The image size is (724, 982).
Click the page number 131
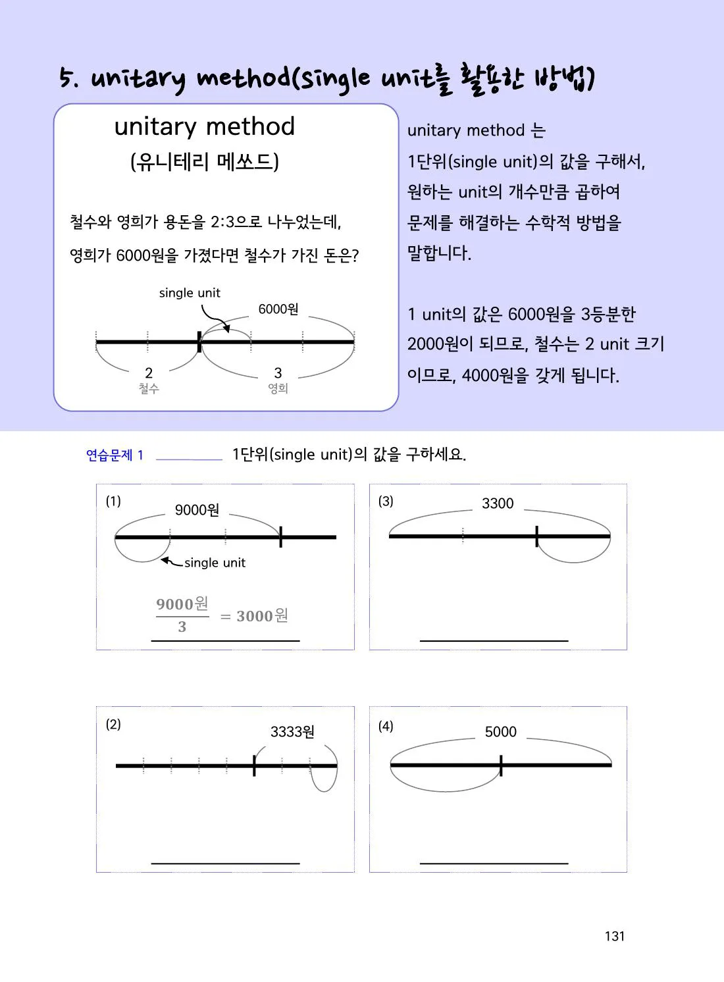[x=614, y=936]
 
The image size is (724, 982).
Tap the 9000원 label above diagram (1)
[x=197, y=510]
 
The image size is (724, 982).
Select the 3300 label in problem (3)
[x=498, y=504]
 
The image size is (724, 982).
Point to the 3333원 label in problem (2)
[x=292, y=732]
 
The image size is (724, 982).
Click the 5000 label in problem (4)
[x=501, y=732]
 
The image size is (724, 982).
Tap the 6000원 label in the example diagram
[x=278, y=309]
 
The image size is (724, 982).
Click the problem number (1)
[x=113, y=501]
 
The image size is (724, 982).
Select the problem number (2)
[x=113, y=724]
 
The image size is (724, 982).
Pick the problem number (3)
[x=386, y=501]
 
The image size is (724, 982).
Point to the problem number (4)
[x=386, y=727]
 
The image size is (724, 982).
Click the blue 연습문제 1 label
[x=115, y=455]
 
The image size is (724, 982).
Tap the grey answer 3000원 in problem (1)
[x=262, y=616]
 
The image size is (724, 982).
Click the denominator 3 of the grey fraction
[x=182, y=627]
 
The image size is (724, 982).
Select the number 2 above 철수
[x=149, y=373]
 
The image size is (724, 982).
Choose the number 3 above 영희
[x=278, y=373]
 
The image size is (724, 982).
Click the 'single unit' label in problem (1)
[x=215, y=563]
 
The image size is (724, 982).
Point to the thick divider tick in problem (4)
[x=501, y=765]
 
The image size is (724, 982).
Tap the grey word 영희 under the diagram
[x=278, y=388]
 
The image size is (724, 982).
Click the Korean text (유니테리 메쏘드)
[x=204, y=162]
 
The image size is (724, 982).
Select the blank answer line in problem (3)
[x=494, y=641]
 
